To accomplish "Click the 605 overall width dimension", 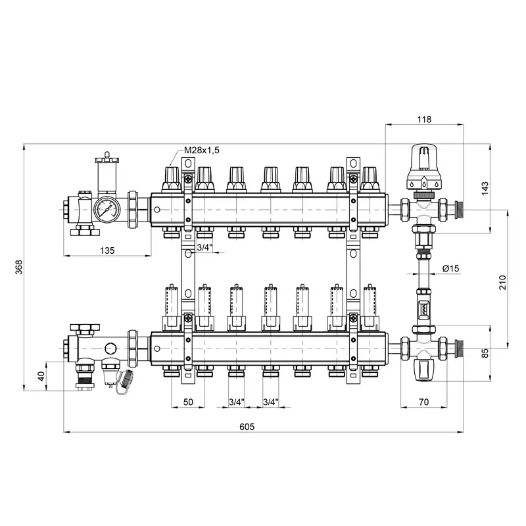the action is point(247,426).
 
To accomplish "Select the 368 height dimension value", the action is point(19,268).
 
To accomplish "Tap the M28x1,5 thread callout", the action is point(202,150).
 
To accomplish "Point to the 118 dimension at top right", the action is point(424,119).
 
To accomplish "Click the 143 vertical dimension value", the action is point(485,189).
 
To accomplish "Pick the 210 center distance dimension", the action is point(502,283).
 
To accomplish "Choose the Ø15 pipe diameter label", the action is point(450,268).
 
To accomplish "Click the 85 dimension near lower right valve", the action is point(485,353).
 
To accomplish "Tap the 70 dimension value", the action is point(424,402).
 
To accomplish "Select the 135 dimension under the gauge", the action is point(107,251).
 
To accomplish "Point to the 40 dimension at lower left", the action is point(41,376).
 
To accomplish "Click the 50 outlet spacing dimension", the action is point(188,402).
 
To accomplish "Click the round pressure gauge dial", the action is point(107,208).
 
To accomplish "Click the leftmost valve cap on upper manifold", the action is point(172,179).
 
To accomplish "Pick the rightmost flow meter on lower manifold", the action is point(370,307).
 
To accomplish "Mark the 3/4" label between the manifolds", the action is point(204,248).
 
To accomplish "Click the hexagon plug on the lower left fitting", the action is point(110,348).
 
